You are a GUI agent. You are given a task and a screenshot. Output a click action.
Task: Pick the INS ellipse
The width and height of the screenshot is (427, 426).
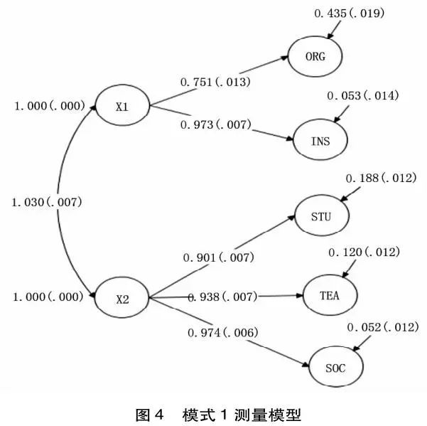(x=321, y=140)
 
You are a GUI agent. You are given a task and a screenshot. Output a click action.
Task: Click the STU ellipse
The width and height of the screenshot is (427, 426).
(x=321, y=215)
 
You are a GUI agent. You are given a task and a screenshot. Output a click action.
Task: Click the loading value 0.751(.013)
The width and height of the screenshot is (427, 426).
(x=215, y=82)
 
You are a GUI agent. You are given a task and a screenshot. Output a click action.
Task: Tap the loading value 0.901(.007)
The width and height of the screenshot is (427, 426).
(x=219, y=257)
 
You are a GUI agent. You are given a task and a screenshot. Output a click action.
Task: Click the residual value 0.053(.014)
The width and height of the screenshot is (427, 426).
(x=363, y=95)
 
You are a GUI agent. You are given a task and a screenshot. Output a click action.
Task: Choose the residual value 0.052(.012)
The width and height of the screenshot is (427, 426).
(x=383, y=326)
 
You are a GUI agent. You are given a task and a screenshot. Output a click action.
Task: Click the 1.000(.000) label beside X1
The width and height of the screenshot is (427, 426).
(x=50, y=106)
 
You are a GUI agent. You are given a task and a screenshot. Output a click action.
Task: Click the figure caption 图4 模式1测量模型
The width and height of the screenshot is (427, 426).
(x=213, y=413)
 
